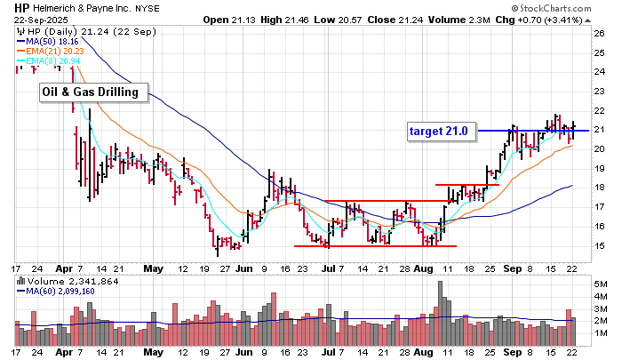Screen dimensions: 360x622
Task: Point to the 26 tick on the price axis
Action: pos(601,35)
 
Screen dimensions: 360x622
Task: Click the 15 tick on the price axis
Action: pos(601,246)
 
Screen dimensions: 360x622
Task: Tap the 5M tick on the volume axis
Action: pos(602,284)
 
